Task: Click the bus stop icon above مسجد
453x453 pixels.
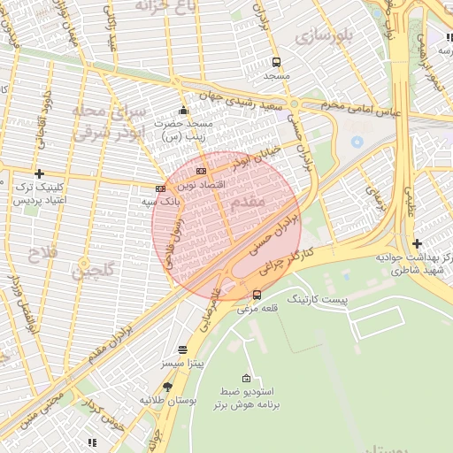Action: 277,63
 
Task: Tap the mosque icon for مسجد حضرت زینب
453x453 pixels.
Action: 183,111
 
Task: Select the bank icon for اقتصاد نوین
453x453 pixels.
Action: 202,171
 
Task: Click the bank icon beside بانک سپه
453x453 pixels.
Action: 160,188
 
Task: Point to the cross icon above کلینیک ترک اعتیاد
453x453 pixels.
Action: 38,173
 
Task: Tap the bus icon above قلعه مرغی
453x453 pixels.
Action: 257,295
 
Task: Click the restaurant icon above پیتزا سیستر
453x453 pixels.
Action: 183,350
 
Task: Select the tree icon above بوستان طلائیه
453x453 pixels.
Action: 168,387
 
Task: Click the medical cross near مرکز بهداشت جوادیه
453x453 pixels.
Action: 416,243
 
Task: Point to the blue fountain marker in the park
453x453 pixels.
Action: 357,141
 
